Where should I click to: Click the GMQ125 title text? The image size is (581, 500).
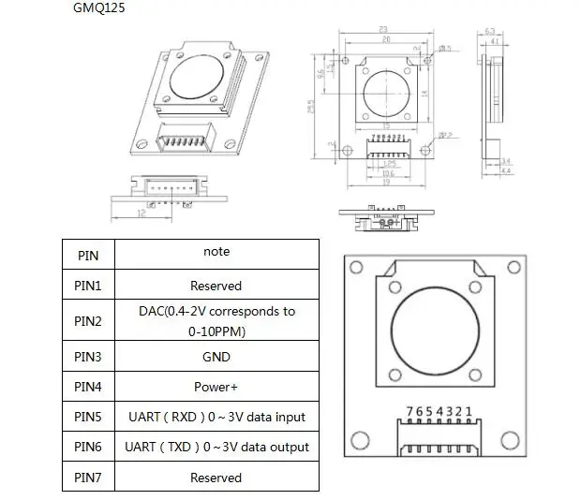98,8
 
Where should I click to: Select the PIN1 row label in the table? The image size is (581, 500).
93,286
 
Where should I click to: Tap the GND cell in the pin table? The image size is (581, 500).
216,357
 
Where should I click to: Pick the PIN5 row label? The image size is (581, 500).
93,417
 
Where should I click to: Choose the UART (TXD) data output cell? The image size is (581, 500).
216,447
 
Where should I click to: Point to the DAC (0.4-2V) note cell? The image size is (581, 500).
216,320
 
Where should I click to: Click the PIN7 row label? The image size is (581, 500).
93,478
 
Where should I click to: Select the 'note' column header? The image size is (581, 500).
216,251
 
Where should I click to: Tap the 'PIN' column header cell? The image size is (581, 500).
93,254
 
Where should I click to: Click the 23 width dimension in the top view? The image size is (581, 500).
385,29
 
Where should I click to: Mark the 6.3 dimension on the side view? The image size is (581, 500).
491,30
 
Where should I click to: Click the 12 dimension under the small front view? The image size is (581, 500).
142,213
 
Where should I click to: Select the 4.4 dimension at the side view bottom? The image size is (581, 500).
506,170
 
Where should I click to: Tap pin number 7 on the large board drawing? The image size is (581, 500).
410,411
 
